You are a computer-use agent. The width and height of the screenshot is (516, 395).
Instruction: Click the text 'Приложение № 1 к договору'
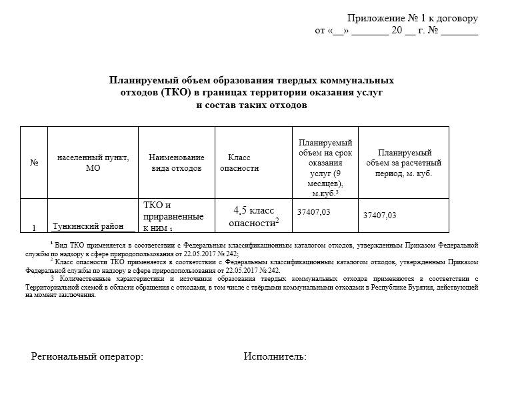[413, 19]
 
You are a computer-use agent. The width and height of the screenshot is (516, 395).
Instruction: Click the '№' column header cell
[34, 163]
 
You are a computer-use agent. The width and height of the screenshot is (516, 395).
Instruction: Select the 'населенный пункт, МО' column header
[93, 163]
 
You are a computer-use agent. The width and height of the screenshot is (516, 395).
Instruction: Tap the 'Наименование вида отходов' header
[176, 163]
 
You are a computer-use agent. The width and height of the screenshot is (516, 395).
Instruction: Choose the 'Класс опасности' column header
[239, 163]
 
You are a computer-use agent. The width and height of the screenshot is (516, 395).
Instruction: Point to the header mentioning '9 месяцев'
[325, 167]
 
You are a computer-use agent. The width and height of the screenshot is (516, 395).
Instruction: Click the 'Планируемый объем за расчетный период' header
[404, 163]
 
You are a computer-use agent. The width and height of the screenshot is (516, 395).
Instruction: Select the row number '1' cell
[34, 228]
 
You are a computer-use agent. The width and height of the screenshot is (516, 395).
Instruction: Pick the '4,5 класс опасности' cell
[253, 216]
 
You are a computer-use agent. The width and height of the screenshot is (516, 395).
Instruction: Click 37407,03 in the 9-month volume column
[313, 212]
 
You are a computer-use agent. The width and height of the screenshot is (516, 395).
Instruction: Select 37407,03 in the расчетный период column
[379, 215]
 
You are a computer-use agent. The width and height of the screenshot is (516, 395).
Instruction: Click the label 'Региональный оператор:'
[87, 357]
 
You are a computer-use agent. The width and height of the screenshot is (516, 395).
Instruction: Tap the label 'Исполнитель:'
[275, 357]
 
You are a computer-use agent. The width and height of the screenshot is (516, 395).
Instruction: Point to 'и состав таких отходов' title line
[252, 105]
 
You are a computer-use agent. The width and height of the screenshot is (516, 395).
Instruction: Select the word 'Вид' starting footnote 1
[62, 246]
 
